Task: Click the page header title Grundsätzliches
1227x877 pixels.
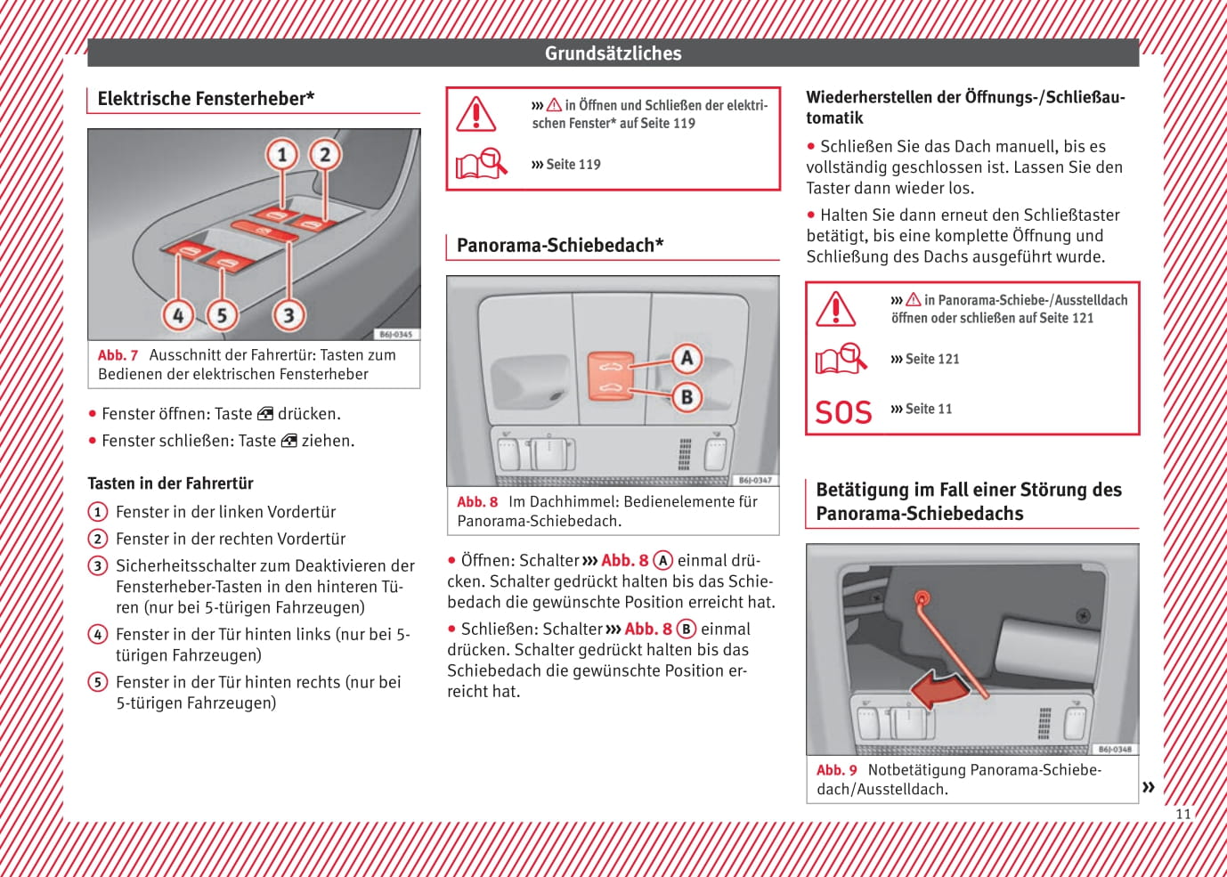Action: point(613,53)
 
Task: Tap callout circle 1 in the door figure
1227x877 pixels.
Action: point(282,155)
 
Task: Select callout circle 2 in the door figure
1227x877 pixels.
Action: point(325,155)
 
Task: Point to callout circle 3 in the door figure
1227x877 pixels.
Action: point(288,314)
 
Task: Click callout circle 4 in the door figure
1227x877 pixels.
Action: point(178,314)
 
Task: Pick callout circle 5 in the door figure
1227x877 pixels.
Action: point(222,314)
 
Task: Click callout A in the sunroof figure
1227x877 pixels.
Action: point(687,358)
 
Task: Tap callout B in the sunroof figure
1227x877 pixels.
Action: point(687,397)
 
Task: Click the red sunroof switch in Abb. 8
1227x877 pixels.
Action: point(610,376)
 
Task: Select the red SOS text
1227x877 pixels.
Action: point(843,412)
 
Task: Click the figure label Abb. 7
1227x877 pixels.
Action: point(118,355)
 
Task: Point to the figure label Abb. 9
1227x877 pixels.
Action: point(836,770)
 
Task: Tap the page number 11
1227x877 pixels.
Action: point(1182,814)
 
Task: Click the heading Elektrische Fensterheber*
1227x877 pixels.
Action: point(206,99)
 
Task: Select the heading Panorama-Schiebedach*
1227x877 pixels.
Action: point(560,246)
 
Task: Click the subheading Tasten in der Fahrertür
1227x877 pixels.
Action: point(170,483)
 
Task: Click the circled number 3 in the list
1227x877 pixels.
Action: point(98,566)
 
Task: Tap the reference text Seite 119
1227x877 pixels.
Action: point(573,165)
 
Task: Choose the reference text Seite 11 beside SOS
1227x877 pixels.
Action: point(928,410)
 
